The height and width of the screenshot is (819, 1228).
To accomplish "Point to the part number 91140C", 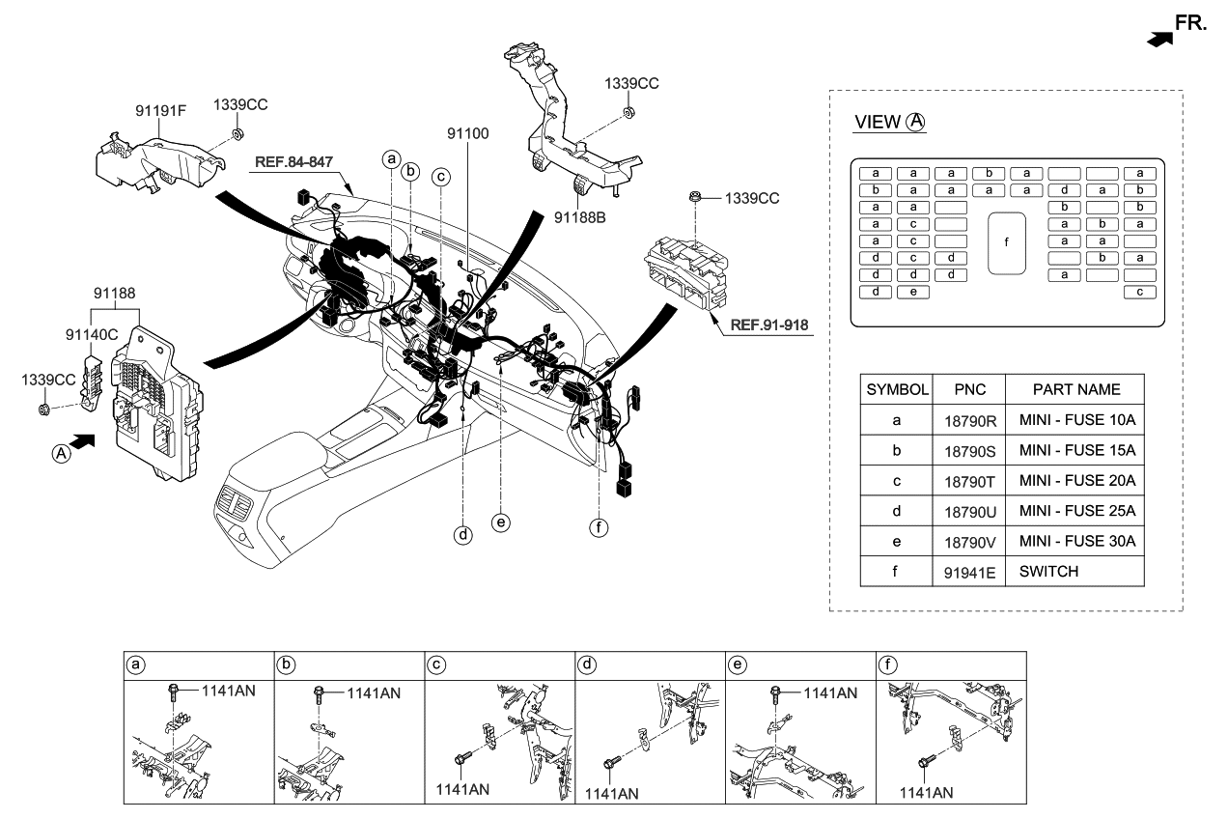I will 92,334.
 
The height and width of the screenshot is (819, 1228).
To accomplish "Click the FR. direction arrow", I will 1160,37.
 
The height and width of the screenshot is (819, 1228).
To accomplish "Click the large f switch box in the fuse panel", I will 1007,241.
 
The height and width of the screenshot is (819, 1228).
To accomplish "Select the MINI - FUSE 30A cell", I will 1076,541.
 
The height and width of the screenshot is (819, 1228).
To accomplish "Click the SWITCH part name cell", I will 1048,571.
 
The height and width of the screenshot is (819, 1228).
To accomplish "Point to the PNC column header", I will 969,389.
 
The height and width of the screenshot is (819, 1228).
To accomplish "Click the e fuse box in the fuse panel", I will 912,293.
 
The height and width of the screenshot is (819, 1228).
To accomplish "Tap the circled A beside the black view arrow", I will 61,453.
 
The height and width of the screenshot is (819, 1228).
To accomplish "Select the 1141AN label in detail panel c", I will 462,789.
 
